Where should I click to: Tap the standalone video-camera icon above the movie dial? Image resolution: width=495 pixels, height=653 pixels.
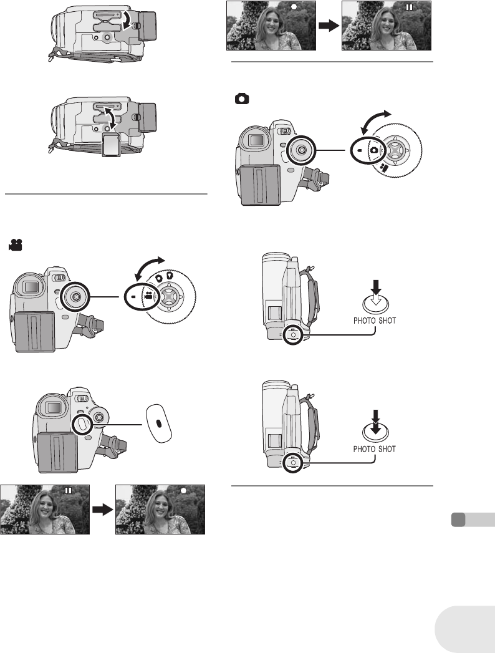click(14, 247)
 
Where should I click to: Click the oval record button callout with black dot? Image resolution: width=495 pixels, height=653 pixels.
click(159, 422)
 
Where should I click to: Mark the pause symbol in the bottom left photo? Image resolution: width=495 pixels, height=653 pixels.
click(68, 491)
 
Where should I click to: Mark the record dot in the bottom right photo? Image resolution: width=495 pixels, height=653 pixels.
click(184, 490)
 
